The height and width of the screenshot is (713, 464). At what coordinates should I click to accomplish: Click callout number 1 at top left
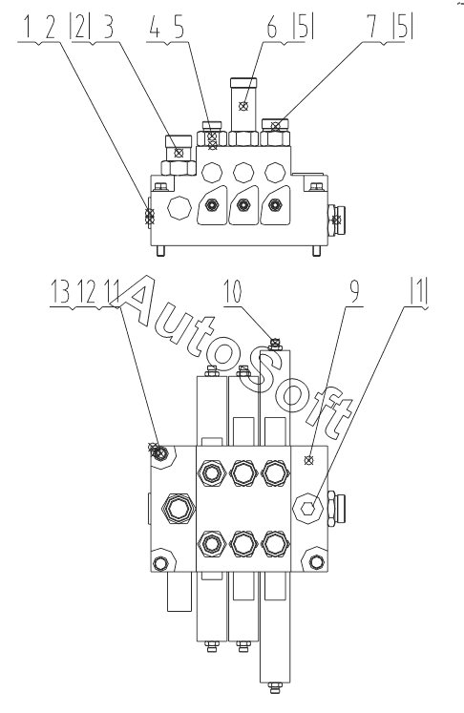click(x=27, y=29)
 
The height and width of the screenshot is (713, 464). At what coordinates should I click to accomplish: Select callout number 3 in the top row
click(x=108, y=29)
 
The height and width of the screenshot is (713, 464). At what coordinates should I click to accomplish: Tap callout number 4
click(x=155, y=29)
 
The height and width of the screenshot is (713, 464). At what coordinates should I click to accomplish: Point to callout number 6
click(x=271, y=29)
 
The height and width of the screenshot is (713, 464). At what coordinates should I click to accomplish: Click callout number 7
click(x=373, y=29)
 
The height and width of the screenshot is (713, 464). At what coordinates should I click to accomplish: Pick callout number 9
click(x=353, y=292)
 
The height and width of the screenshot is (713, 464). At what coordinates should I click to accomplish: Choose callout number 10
click(x=232, y=292)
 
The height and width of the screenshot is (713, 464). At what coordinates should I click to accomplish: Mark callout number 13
click(x=60, y=292)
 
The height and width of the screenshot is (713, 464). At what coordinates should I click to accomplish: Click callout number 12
click(x=87, y=292)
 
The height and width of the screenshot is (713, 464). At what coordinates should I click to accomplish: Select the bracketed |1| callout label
click(x=419, y=292)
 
